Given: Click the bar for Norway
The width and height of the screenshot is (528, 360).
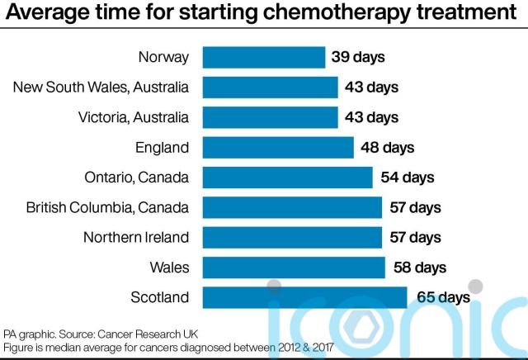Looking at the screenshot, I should [263, 58].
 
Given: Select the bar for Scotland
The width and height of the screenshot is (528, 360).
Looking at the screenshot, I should [304, 297].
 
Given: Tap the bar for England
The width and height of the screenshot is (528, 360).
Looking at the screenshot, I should [278, 148].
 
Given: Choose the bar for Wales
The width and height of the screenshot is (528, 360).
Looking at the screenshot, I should [294, 268].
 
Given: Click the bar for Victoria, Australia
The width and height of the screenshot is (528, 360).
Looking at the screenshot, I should [270, 117].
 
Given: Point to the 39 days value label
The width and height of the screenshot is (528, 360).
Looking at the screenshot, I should [358, 58].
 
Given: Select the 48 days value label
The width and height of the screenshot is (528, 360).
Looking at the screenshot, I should [387, 148].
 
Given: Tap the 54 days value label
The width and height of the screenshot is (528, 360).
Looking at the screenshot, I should [407, 178].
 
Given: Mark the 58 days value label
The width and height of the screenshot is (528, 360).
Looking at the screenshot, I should [419, 268].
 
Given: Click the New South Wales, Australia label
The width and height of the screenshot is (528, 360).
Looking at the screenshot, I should [101, 88].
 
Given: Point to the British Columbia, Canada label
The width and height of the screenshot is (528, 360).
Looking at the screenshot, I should [107, 207].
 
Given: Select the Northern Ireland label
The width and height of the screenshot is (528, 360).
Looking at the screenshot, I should [136, 238].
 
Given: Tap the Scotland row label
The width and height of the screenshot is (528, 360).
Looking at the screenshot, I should [160, 297].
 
